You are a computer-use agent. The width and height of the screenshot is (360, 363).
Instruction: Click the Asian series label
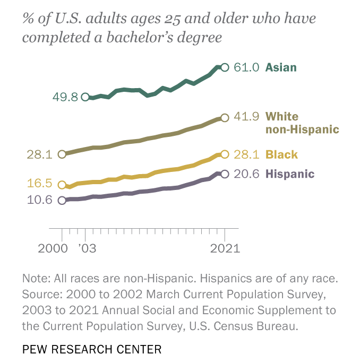[x=281, y=67]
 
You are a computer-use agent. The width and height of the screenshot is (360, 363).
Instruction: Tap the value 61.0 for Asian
[x=247, y=67]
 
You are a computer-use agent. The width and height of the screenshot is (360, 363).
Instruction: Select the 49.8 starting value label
[x=65, y=97]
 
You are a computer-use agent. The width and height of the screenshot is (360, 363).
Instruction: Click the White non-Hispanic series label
[x=302, y=123]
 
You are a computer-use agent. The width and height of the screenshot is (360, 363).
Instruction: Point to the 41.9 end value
[x=247, y=117]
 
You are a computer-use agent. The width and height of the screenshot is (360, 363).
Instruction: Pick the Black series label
[x=281, y=155]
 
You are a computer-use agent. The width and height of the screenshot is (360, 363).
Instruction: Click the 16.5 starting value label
[x=39, y=184]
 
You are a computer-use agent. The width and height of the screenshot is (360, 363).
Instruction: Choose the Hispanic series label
[x=290, y=174]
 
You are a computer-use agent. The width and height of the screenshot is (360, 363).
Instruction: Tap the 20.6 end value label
[x=247, y=174]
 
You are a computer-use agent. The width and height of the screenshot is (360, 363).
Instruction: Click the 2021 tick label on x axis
[x=224, y=248]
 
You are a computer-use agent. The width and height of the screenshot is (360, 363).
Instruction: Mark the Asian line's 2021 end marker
[x=225, y=67]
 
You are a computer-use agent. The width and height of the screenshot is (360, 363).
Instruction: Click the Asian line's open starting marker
[x=85, y=97]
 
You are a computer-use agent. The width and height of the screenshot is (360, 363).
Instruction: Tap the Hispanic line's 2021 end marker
[x=225, y=174]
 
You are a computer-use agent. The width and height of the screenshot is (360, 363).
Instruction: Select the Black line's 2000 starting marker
[x=62, y=185]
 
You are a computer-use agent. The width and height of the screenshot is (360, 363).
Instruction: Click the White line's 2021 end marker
[x=225, y=117]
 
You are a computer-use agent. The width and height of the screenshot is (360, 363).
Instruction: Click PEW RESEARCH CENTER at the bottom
[x=92, y=349]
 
